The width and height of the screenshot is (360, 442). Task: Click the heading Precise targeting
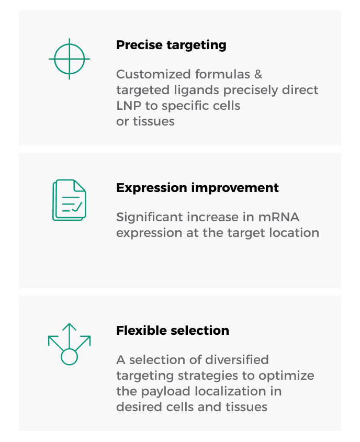pos(171,46)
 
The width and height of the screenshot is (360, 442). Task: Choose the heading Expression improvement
pos(197,188)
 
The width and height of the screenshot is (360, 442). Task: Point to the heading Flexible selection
pos(173,331)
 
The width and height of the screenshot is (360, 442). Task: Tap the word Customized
pos(154,74)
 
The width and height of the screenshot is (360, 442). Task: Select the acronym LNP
pos(129,106)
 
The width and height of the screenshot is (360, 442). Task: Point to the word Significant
pos(150,217)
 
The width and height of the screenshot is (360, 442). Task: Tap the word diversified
pos(237,360)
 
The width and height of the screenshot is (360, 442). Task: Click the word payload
pos(165,392)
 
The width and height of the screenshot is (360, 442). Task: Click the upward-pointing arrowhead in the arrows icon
pos(70,327)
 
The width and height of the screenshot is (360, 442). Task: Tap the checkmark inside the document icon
pos(77,207)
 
